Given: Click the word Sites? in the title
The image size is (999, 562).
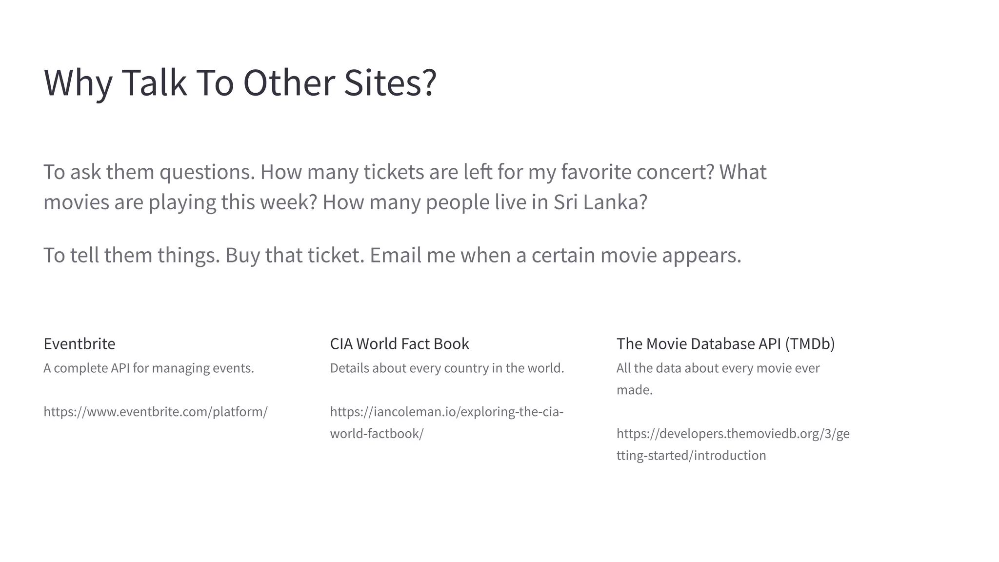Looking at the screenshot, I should point(390,83).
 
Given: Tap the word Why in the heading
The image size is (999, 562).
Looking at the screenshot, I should point(78,83).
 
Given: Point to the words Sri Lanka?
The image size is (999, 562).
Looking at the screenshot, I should point(600,202).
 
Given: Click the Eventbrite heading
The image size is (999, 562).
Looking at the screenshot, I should point(80,344).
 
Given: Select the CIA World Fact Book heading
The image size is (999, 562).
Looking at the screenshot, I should point(400,344).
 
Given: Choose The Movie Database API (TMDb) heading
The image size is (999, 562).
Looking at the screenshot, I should point(725,344).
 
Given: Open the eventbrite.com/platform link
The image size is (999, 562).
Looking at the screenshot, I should point(156,412).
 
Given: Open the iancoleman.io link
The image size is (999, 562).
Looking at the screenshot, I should point(446,412).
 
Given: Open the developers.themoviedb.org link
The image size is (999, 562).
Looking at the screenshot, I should point(733,434).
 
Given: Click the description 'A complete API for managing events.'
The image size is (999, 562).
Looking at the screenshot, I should point(149,368).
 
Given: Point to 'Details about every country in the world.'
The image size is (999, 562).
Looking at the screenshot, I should point(447,368).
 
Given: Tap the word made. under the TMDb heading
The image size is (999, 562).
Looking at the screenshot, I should point(634,390).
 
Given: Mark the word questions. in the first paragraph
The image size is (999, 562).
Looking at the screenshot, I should point(207,172).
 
